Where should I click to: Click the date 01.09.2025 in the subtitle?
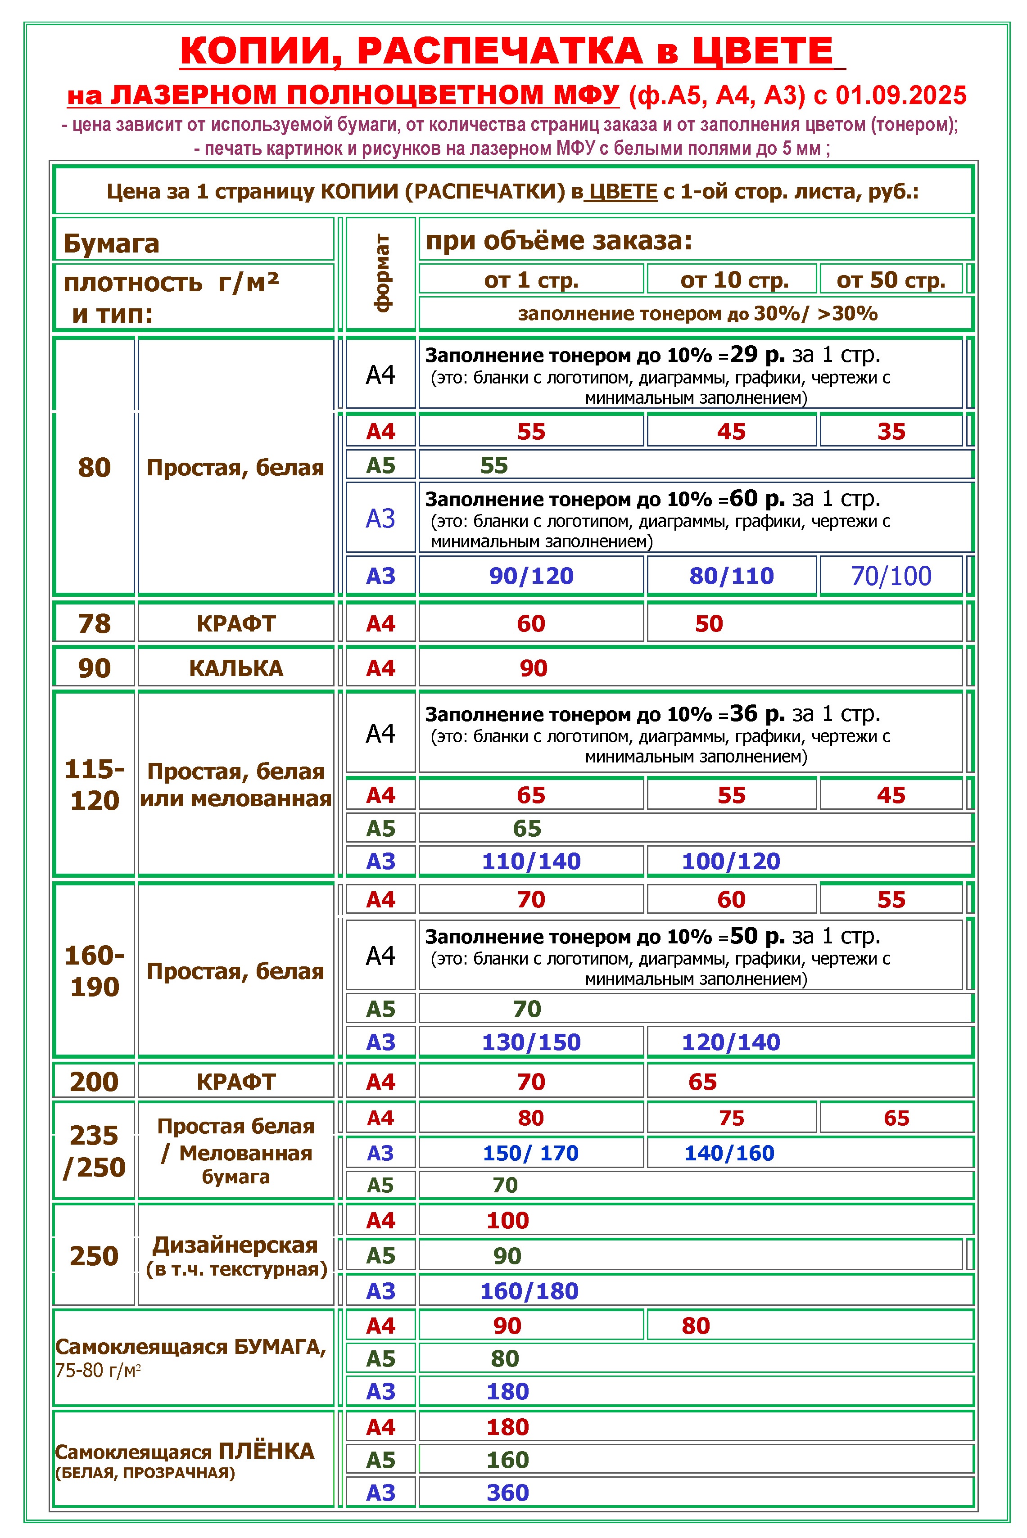[x=900, y=95]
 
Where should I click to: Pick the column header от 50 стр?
[x=891, y=280]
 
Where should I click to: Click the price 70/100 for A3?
[x=891, y=576]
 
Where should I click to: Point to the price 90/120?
[x=531, y=576]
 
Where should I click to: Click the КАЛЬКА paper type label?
[x=236, y=668]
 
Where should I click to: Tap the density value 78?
[x=94, y=624]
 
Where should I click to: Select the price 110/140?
[x=531, y=861]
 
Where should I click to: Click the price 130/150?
[x=531, y=1042]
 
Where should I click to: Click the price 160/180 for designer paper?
[x=529, y=1291]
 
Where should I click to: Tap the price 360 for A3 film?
[x=507, y=1493]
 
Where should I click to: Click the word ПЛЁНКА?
[x=266, y=1452]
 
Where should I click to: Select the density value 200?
[x=94, y=1082]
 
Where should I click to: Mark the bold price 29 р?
[x=757, y=355]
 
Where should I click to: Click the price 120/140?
[x=731, y=1042]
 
